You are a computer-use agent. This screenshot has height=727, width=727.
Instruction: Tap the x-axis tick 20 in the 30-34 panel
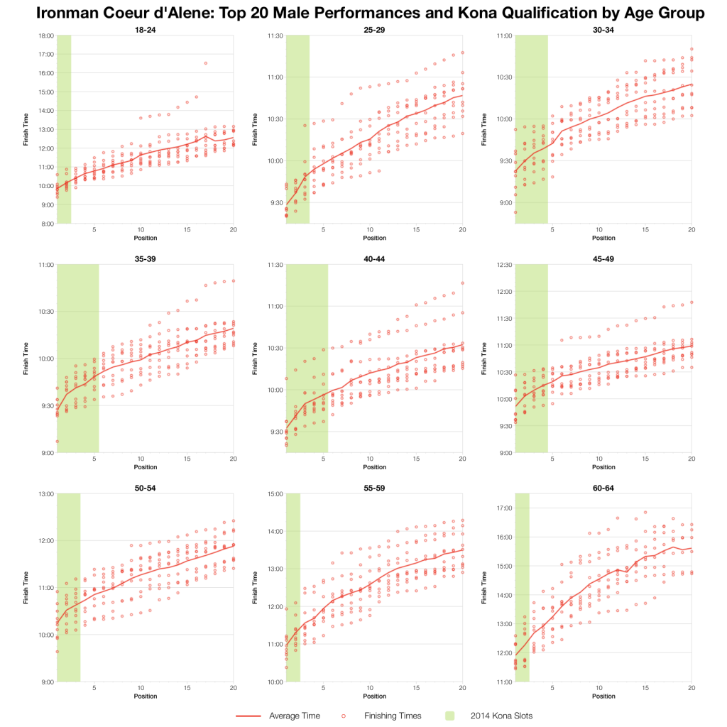point(692,230)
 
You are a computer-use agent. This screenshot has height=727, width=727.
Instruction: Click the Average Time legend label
point(293,716)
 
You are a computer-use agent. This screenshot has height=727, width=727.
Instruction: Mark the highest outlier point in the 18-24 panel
point(206,63)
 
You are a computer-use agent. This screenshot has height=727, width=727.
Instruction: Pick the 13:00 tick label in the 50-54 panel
point(46,494)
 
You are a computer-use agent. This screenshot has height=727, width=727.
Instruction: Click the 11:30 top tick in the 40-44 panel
point(275,265)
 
